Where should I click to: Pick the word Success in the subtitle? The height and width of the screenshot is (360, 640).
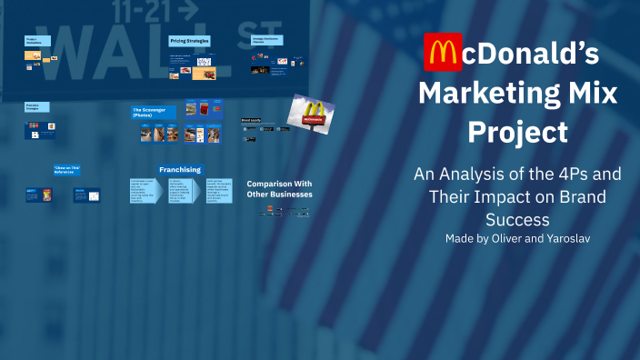pyautogui.click(x=516, y=218)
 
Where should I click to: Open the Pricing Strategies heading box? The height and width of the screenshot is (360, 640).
pyautogui.click(x=190, y=41)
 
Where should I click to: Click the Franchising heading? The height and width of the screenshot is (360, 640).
pyautogui.click(x=180, y=169)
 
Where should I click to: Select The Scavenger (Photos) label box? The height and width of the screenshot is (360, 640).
pyautogui.click(x=152, y=112)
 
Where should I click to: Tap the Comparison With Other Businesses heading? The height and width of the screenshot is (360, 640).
pyautogui.click(x=279, y=188)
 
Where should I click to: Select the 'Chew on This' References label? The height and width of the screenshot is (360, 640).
pyautogui.click(x=67, y=169)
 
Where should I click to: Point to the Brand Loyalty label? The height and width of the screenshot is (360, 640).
pyautogui.click(x=251, y=120)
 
